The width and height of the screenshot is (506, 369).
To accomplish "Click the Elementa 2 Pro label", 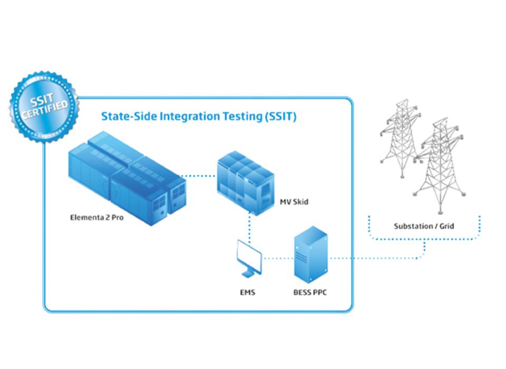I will pyautogui.click(x=97, y=217).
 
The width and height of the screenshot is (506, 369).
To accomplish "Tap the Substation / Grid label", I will pyautogui.click(x=424, y=226).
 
